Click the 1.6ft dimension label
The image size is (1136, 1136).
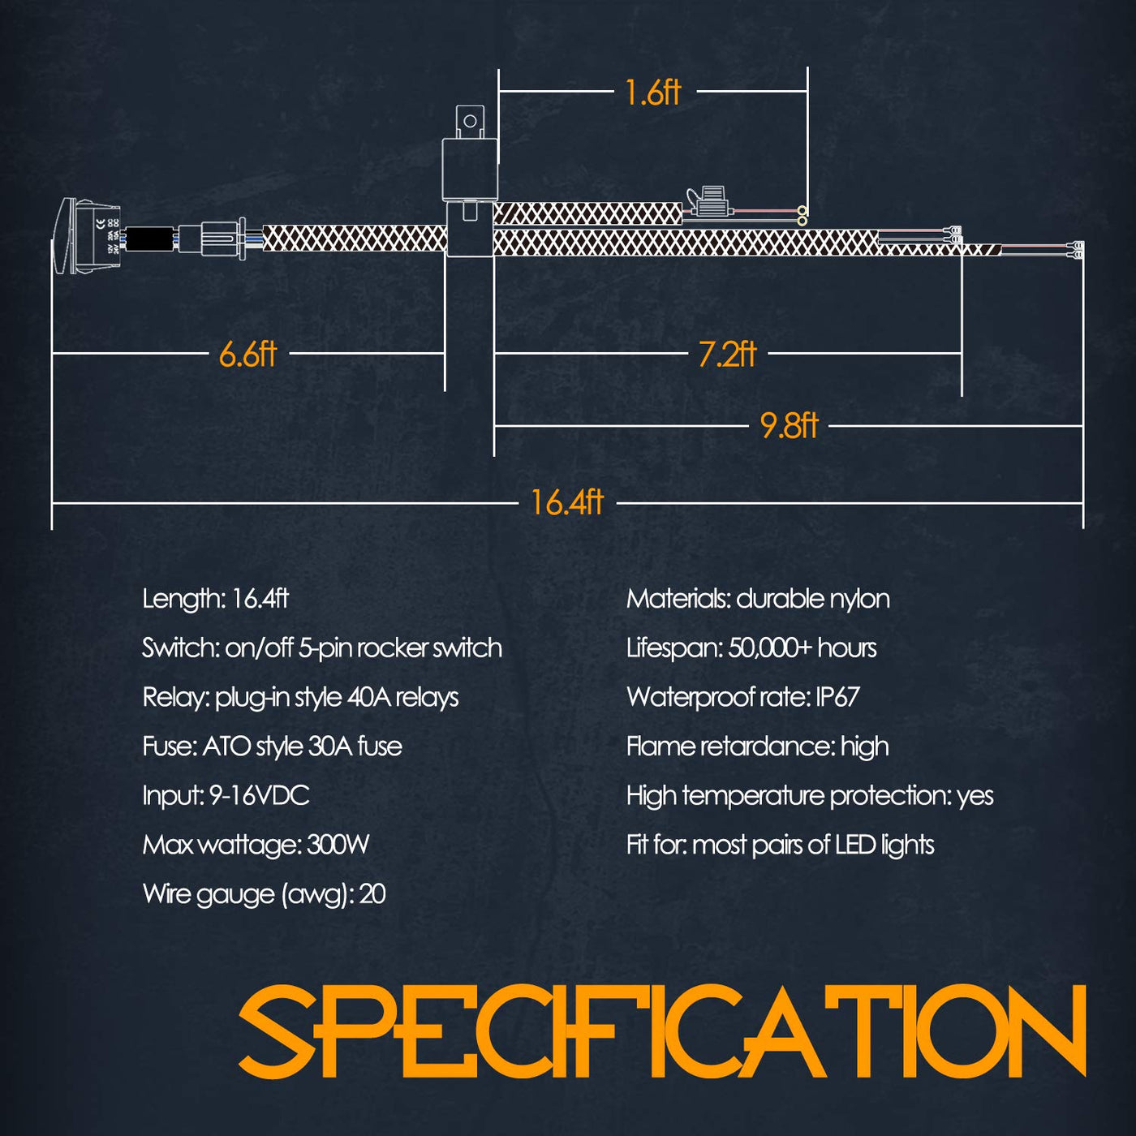coord(652,93)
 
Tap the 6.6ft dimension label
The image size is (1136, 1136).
coord(247,354)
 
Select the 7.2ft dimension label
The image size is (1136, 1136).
coord(727,355)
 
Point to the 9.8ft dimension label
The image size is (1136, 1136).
coord(789,426)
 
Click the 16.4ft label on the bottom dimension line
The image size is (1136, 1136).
coord(567,503)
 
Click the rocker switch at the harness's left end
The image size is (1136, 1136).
coord(88,236)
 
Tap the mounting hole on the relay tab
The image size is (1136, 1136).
coord(470,122)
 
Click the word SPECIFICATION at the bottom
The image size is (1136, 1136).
coord(661,1031)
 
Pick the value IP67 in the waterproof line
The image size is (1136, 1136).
coord(837,697)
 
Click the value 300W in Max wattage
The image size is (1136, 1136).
coord(338,845)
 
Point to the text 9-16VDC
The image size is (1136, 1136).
coord(260,796)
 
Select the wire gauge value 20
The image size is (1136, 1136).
coord(372,894)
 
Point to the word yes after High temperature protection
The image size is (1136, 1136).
coord(975,797)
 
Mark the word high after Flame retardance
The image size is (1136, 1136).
coord(864,747)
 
